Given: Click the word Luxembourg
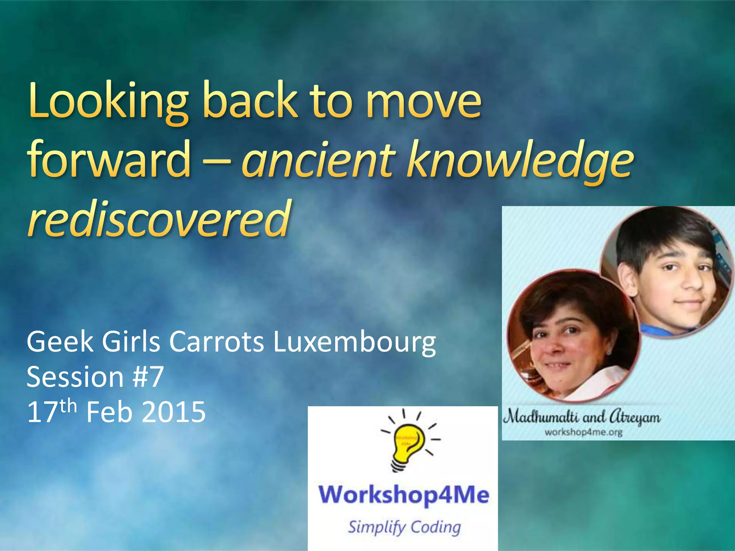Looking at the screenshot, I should (354, 342).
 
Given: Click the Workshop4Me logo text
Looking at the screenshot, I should (404, 495).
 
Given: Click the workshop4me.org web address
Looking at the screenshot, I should (584, 432).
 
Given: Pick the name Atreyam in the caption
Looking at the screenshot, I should (635, 417).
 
